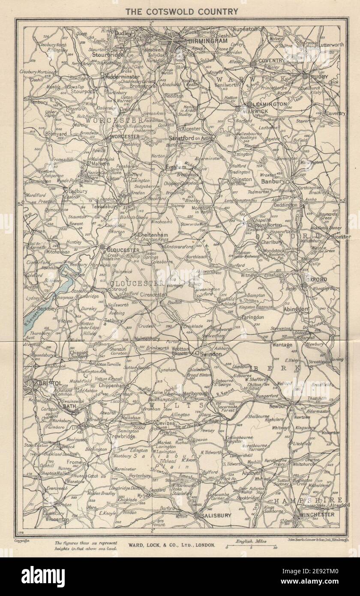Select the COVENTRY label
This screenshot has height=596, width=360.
(x=269, y=60)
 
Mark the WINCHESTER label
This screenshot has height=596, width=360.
(x=317, y=514)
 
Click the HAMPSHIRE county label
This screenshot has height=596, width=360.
(x=309, y=500)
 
